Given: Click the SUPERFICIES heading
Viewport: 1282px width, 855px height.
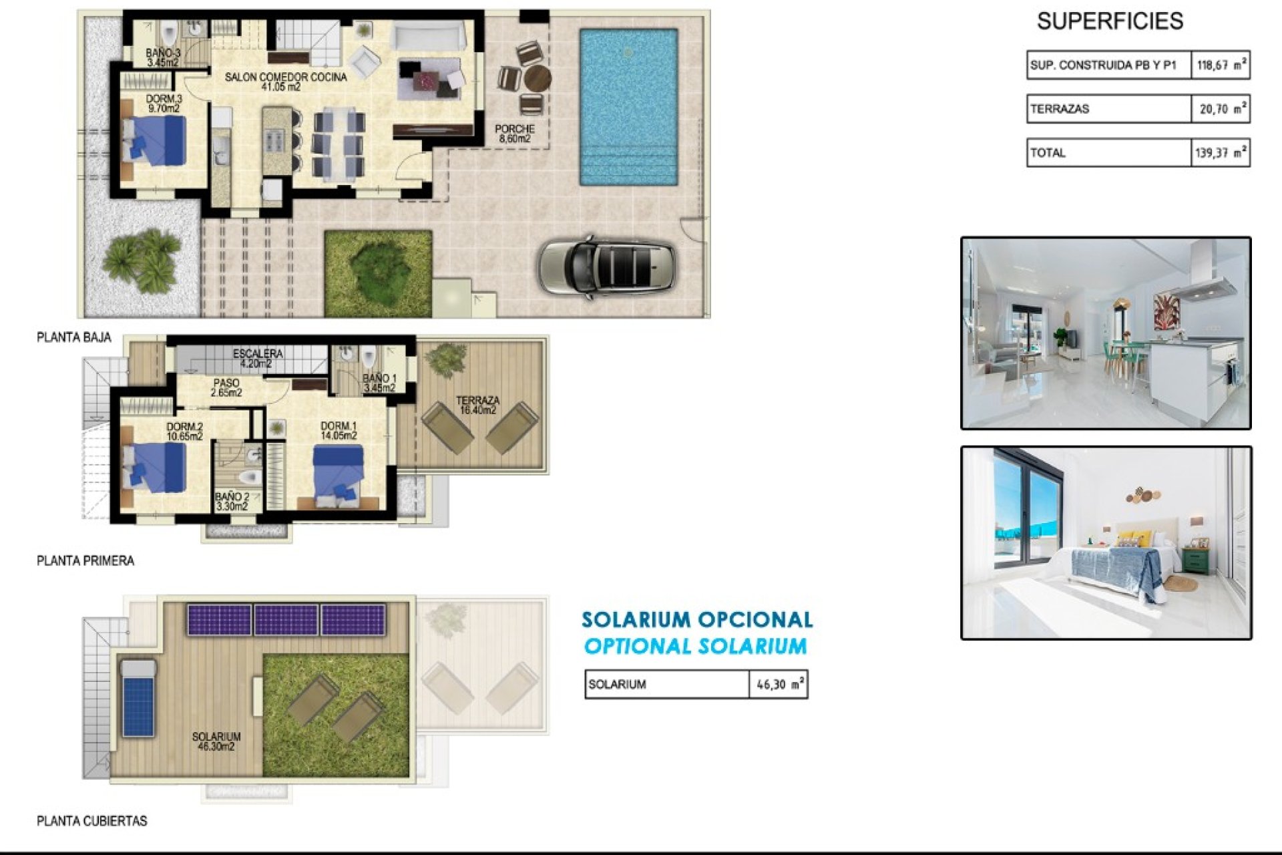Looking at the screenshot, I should click(1110, 21).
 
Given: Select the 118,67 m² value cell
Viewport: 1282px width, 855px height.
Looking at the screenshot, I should click(1221, 65).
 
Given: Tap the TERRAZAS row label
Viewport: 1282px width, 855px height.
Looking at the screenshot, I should click(1060, 109).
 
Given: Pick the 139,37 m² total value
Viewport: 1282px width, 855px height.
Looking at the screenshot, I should click(1221, 153).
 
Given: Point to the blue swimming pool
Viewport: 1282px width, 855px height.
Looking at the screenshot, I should click(628, 107).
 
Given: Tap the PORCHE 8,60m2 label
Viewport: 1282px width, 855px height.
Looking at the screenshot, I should click(514, 134).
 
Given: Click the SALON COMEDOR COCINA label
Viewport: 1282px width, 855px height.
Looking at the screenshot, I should click(285, 81).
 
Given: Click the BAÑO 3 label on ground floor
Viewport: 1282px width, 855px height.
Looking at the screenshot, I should click(163, 57).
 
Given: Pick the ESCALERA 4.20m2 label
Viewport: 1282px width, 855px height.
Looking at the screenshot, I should click(257, 358).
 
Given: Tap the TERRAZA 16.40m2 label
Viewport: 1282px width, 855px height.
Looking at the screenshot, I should click(477, 405).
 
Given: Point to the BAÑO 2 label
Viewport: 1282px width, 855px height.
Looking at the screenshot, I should click(232, 502).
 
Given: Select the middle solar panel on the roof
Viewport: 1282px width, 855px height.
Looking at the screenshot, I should click(286, 620).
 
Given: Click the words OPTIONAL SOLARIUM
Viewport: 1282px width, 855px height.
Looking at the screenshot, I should click(695, 647).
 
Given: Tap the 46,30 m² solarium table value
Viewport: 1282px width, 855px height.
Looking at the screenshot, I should click(779, 685).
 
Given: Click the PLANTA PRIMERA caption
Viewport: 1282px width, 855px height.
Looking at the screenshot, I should click(85, 561).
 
